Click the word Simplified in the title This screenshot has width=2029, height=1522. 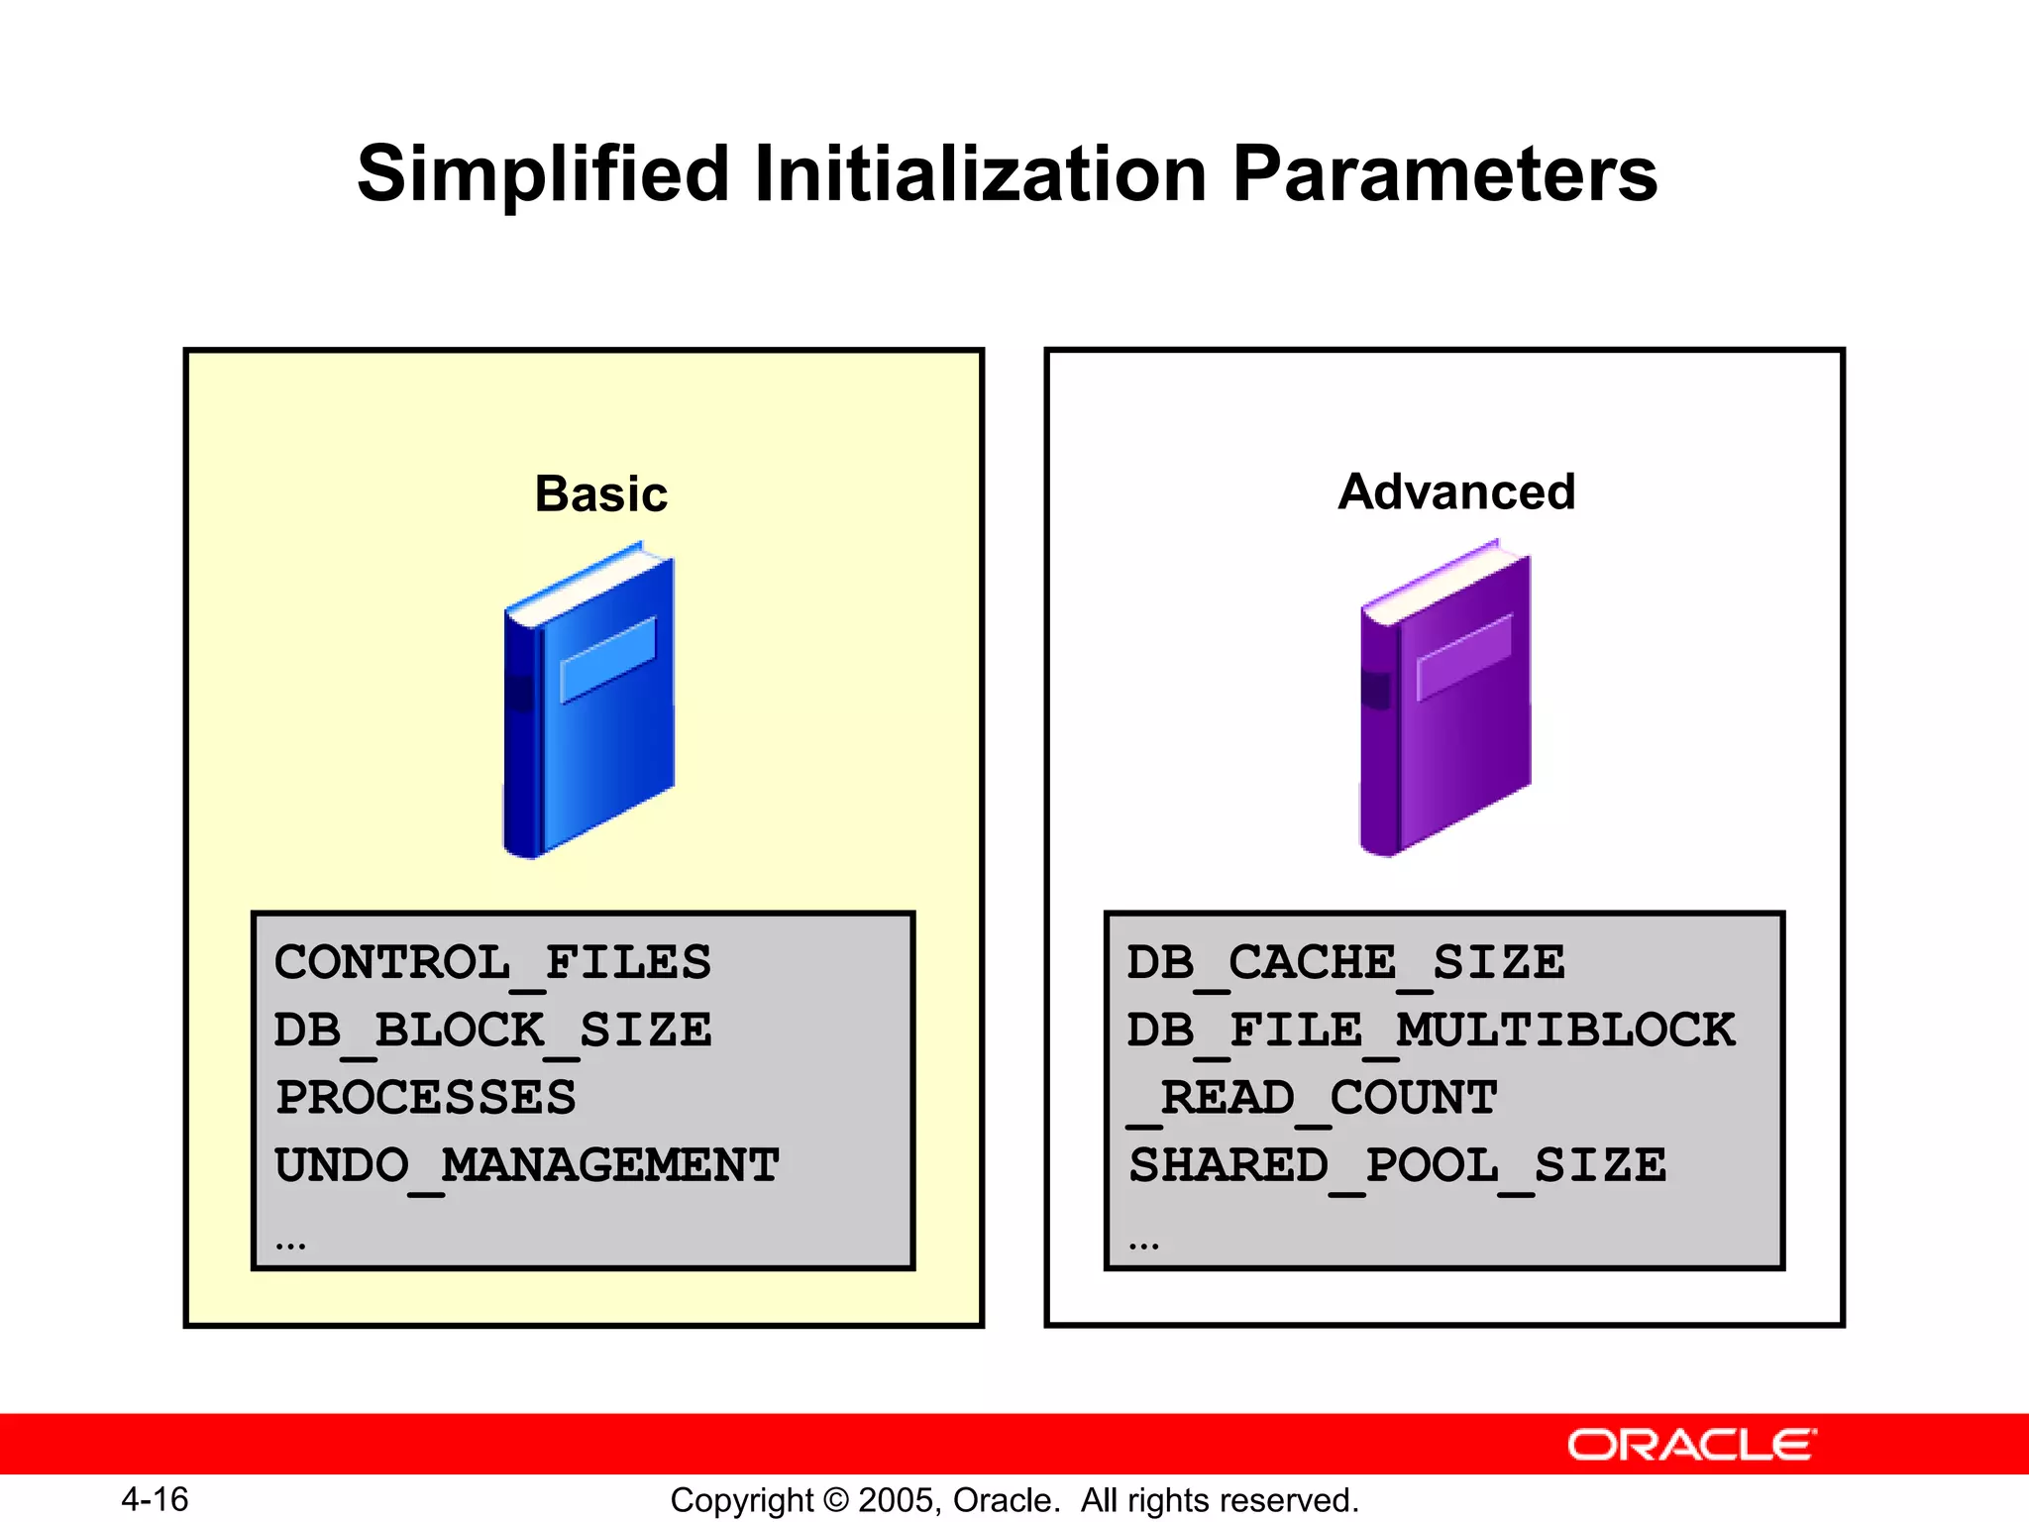[543, 174]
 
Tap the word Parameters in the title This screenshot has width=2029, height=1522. [1444, 174]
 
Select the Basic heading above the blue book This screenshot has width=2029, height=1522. [600, 493]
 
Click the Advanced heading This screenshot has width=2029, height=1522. [1455, 491]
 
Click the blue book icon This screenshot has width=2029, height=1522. [589, 704]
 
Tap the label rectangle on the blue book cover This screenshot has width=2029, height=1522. [608, 659]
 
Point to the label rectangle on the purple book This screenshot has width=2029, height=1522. [1464, 656]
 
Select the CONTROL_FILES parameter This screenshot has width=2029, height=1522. [492, 963]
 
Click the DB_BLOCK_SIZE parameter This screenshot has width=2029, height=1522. [492, 1031]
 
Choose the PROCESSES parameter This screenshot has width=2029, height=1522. [426, 1098]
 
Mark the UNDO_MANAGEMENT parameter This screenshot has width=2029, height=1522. [526, 1165]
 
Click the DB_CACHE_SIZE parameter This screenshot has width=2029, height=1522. [1345, 963]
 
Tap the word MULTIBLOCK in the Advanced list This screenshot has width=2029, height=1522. [1565, 1031]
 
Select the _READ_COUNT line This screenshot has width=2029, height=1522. [1313, 1098]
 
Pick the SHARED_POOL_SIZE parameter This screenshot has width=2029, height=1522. [1397, 1165]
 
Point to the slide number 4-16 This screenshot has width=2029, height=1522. [155, 1499]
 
